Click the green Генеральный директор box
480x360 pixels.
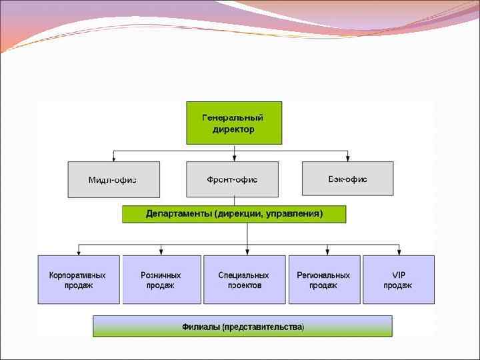pos(234,123)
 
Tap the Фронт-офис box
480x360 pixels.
pos(232,179)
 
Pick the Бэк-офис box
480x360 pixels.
pos(347,178)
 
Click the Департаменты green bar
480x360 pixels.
pos(234,214)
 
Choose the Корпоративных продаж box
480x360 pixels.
pos(79,279)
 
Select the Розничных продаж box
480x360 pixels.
pos(161,279)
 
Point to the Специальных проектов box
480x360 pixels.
pos(244,279)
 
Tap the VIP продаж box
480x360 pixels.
pos(398,279)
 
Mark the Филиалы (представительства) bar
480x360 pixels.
pos(243,327)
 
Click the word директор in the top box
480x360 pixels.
pos(233,129)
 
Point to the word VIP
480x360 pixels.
pos(399,275)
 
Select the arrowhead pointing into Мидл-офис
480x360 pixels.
pos(114,159)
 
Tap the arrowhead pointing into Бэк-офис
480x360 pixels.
pos(348,159)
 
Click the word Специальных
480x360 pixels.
pos(244,275)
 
